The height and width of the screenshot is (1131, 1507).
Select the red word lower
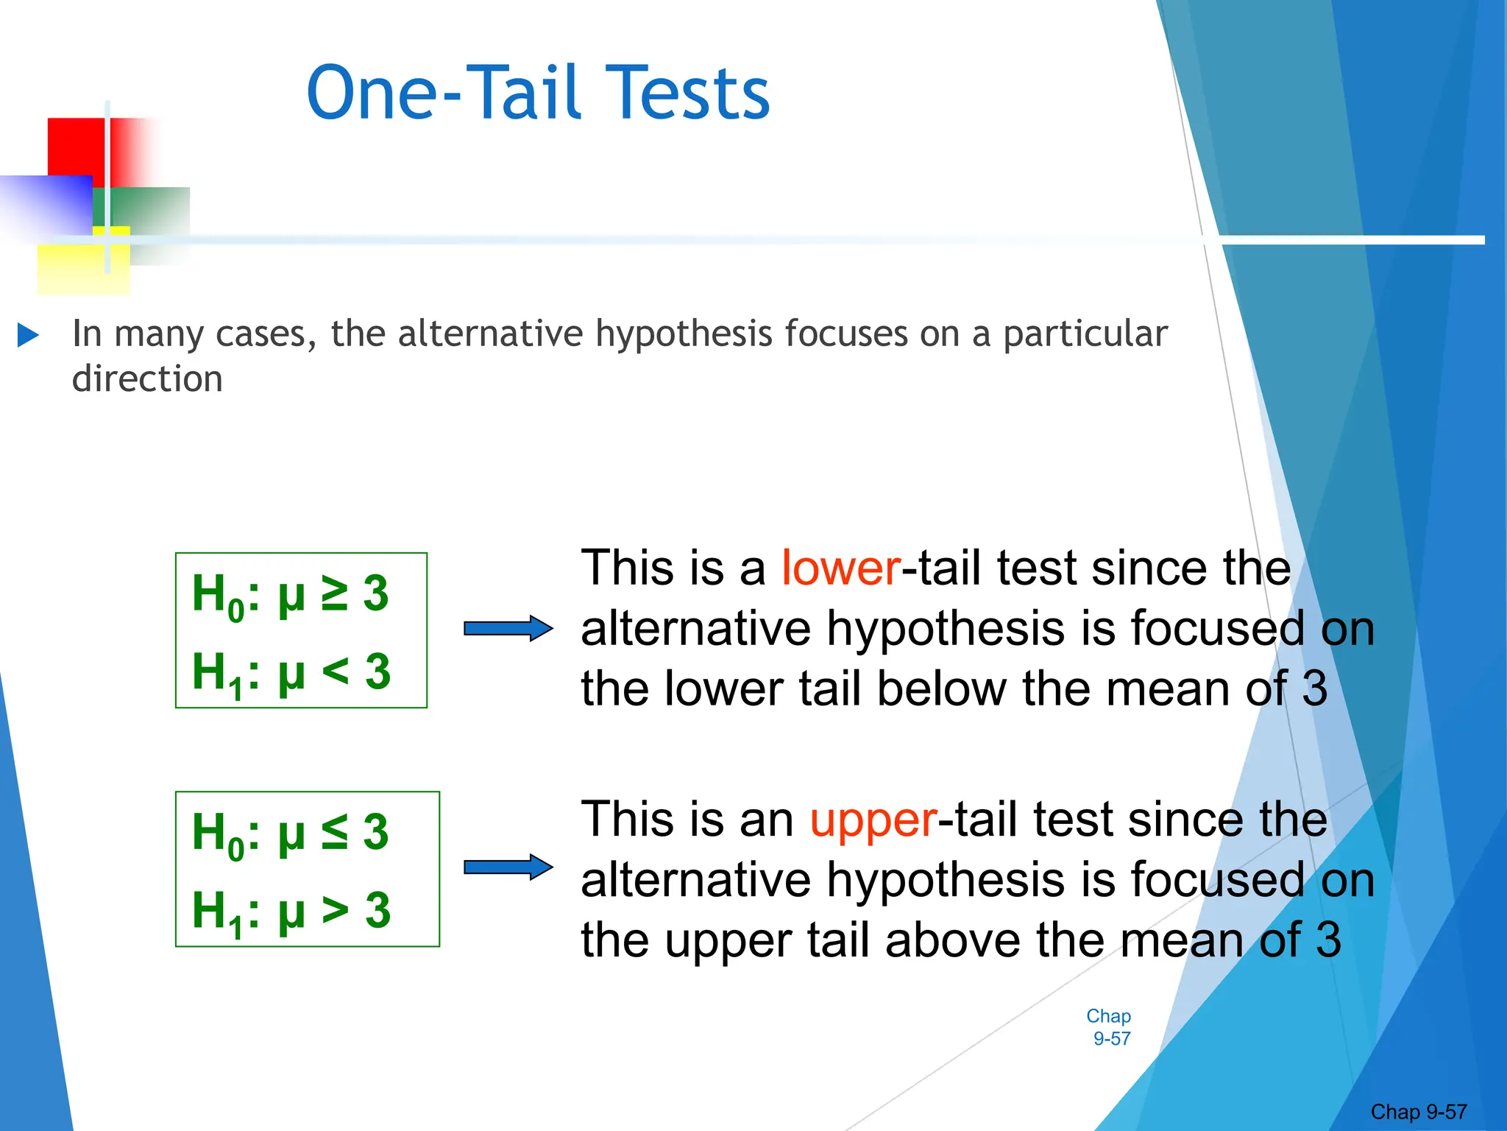pyautogui.click(x=840, y=568)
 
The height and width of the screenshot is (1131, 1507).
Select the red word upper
pyautogui.click(x=873, y=820)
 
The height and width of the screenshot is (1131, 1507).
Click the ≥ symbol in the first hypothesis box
pyautogui.click(x=336, y=593)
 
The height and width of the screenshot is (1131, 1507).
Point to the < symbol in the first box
pyautogui.click(x=336, y=671)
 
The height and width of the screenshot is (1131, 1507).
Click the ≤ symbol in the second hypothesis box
pyautogui.click(x=336, y=832)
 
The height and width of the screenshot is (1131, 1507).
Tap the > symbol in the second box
pyautogui.click(x=336, y=910)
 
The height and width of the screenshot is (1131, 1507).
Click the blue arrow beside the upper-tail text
pyautogui.click(x=508, y=867)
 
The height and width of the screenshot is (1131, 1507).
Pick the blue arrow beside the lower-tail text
pyautogui.click(x=508, y=628)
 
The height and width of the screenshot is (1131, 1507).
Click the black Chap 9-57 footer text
pyautogui.click(x=1418, y=1111)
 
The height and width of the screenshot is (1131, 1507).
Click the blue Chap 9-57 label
pyautogui.click(x=1109, y=1027)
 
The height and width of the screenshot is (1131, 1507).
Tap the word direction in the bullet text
pyautogui.click(x=147, y=379)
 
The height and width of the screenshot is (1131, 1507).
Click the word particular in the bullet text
pyautogui.click(x=1085, y=334)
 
